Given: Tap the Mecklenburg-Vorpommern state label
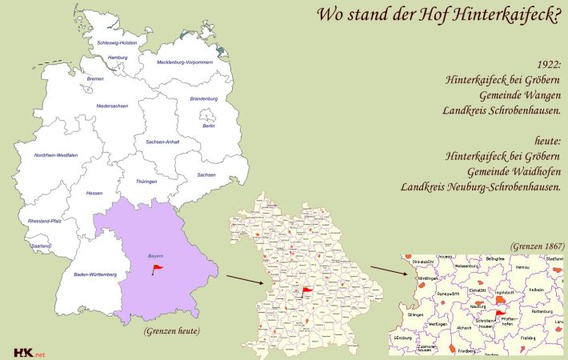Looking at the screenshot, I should pyautogui.click(x=185, y=62).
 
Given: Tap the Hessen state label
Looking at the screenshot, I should pyautogui.click(x=94, y=193).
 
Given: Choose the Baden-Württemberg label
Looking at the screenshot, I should pyautogui.click(x=95, y=274).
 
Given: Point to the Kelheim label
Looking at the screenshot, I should pyautogui.click(x=536, y=289).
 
